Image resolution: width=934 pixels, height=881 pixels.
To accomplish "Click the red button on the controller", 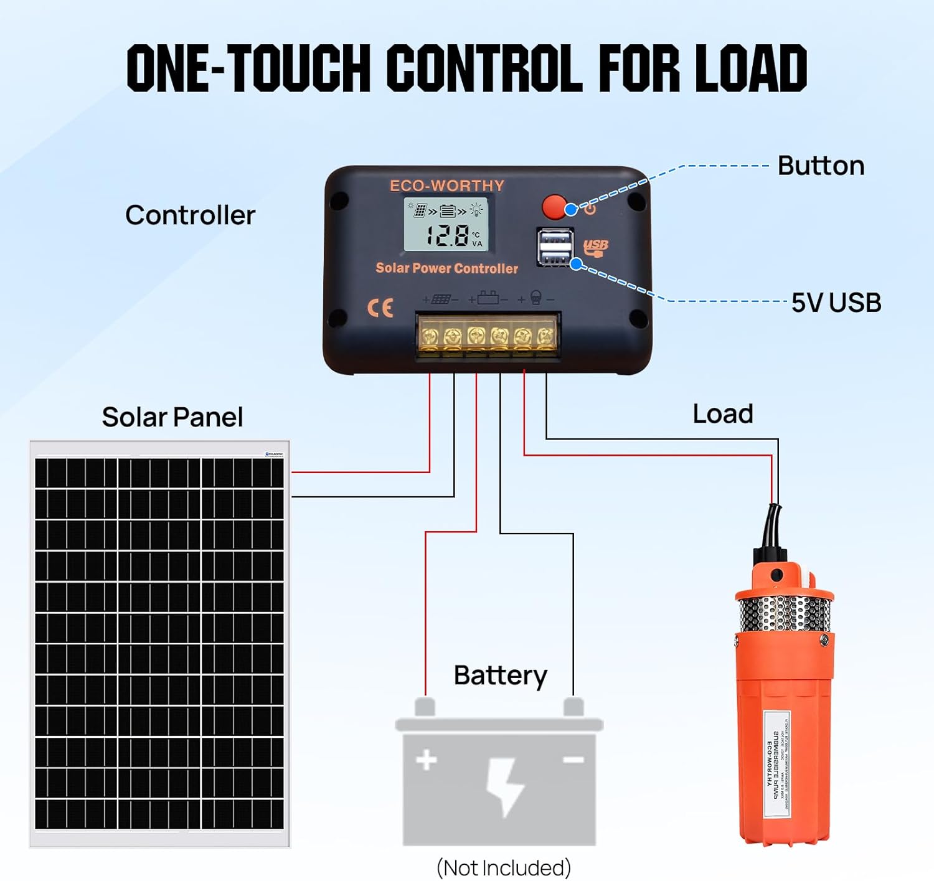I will (x=554, y=207).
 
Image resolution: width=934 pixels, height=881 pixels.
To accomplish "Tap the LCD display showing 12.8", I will (x=446, y=225).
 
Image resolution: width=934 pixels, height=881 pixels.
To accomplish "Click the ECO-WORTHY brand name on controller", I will (x=446, y=186).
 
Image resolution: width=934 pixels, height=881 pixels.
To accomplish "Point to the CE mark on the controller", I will (x=380, y=308).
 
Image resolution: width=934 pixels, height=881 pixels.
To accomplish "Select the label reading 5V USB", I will (x=836, y=303).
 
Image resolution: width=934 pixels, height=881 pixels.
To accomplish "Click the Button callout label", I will (x=821, y=166).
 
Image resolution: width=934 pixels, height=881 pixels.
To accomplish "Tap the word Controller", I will (x=190, y=215).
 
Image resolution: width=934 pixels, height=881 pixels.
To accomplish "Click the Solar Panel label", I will (x=172, y=417).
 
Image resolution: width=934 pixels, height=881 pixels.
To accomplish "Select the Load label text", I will (x=722, y=414).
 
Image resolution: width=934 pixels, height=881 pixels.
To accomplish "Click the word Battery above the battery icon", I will (x=500, y=676).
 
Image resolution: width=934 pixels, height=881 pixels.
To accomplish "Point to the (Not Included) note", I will (x=503, y=867).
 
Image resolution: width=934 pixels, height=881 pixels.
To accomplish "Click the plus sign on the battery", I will (x=427, y=760).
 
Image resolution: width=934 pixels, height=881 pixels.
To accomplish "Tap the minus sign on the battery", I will (x=573, y=760).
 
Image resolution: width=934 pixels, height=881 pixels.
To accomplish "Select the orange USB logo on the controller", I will (x=595, y=248).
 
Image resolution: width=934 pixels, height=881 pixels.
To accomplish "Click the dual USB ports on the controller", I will (x=555, y=247).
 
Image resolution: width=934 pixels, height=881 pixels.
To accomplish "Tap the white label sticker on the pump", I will (x=777, y=764).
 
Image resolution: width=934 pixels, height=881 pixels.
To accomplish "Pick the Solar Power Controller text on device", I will (x=446, y=268).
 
